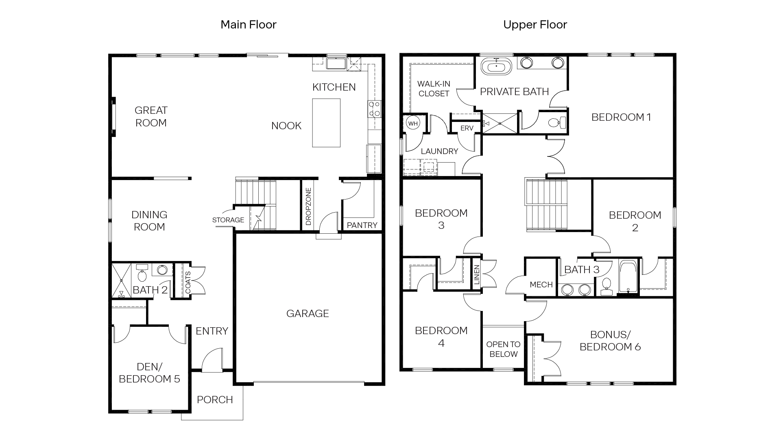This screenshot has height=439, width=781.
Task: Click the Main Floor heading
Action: click(248, 24)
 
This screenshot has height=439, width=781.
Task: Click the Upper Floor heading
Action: click(535, 24)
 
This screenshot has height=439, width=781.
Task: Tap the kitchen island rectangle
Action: click(326, 122)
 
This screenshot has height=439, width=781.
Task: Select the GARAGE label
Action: click(308, 313)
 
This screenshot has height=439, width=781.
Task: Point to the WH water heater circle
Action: click(413, 124)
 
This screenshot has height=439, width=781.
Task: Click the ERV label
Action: click(467, 128)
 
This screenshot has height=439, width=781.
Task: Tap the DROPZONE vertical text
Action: click(308, 206)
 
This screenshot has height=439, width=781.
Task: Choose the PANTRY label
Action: click(362, 225)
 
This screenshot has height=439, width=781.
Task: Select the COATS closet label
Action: click(188, 283)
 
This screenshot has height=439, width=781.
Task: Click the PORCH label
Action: click(215, 400)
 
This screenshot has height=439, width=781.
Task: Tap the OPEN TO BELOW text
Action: click(503, 349)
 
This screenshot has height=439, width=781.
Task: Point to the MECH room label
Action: click(541, 285)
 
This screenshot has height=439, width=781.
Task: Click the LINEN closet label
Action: click(477, 275)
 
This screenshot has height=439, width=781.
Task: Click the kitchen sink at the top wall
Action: click(336, 64)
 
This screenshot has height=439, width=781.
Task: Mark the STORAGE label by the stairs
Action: click(228, 220)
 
